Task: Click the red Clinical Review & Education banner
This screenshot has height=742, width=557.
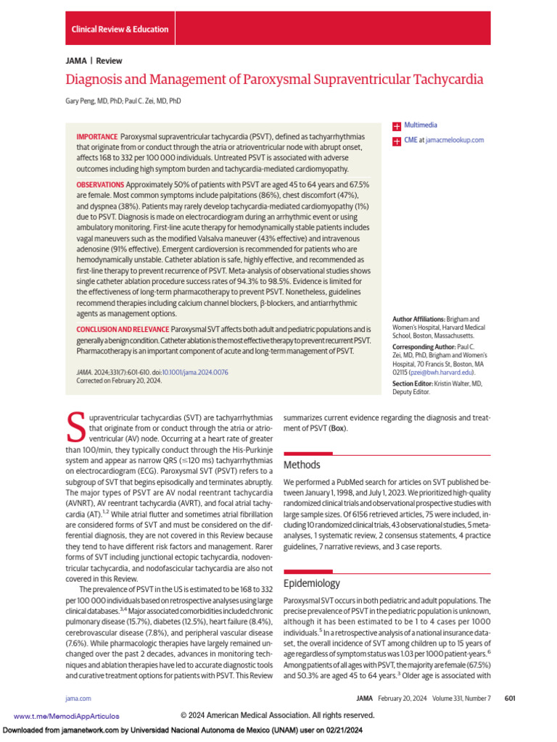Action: [x=120, y=29]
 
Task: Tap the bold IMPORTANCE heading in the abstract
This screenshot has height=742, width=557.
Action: [x=96, y=137]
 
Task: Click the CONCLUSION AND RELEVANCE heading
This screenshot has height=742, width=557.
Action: [x=123, y=329]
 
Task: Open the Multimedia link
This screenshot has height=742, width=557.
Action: [x=421, y=125]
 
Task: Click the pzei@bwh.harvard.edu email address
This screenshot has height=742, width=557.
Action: [x=445, y=372]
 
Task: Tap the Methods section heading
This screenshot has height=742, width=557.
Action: [x=301, y=464]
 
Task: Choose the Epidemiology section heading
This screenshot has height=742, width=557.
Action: [x=312, y=583]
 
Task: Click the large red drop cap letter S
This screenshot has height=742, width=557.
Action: [x=75, y=428]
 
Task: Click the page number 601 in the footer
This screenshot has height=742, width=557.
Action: [x=509, y=698]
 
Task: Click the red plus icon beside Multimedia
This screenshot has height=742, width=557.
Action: [x=396, y=126]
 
